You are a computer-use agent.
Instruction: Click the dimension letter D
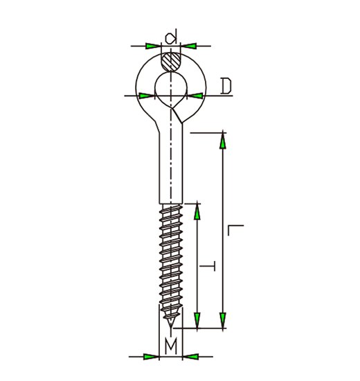(x=226, y=86)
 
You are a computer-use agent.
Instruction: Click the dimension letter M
(x=171, y=346)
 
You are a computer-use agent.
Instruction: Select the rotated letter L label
(x=235, y=230)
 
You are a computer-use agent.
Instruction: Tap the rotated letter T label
(x=208, y=266)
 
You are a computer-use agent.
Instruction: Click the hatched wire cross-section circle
(x=171, y=62)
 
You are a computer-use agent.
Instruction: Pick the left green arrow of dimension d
(x=153, y=46)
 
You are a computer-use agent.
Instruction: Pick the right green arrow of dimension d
(x=189, y=46)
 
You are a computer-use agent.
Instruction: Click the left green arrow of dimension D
(x=147, y=96)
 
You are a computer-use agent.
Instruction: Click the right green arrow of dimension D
(x=195, y=96)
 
